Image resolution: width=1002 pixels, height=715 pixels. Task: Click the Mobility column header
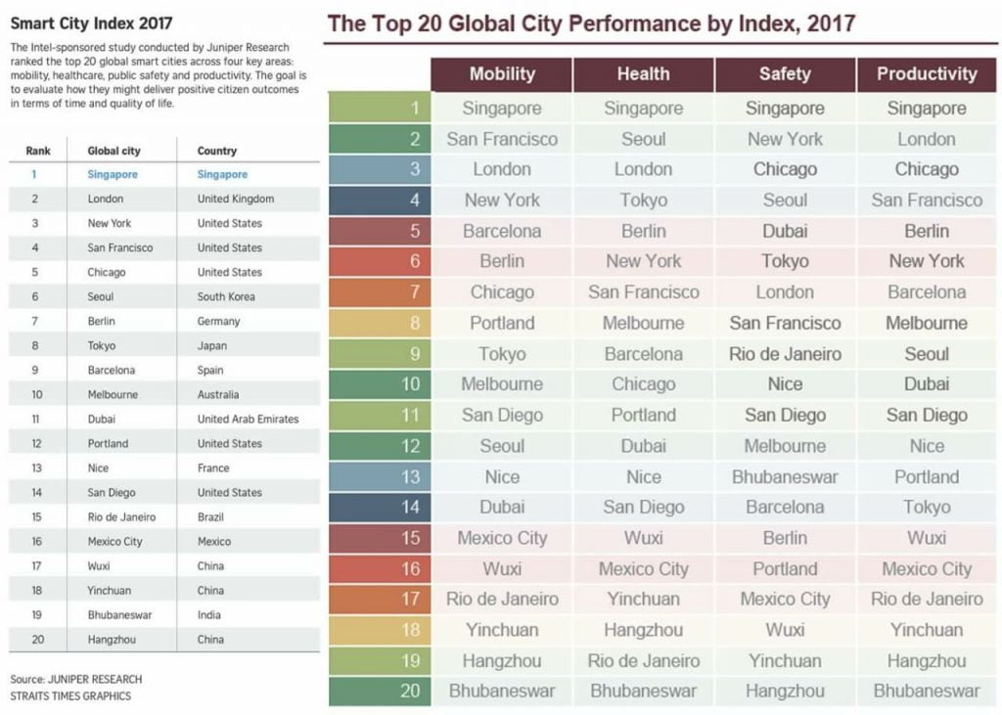tap(502, 74)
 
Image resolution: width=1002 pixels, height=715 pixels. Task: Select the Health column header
tap(643, 74)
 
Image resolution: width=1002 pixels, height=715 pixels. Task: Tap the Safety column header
tap(785, 74)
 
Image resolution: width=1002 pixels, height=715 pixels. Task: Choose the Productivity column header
tap(927, 74)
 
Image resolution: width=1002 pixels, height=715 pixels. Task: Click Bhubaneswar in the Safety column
tap(785, 477)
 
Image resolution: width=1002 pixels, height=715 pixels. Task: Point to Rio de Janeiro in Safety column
tap(785, 354)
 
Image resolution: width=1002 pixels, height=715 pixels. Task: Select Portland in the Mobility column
tap(502, 324)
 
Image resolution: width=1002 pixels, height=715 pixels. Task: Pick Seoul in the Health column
tap(643, 139)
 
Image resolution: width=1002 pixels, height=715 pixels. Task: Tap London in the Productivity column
tap(927, 139)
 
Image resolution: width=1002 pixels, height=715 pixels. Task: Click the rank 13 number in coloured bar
tap(410, 477)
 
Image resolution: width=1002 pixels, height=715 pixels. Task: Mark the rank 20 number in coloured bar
tap(410, 692)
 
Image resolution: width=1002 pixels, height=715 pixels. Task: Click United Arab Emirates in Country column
tap(248, 420)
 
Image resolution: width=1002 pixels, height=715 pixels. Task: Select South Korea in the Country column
tap(226, 297)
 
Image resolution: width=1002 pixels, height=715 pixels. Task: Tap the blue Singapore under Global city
tap(113, 175)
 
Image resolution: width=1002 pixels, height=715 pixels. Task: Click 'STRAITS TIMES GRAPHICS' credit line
tap(70, 696)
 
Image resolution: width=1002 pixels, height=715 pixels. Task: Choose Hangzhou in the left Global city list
tap(112, 640)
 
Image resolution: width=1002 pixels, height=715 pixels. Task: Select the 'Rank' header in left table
tap(37, 152)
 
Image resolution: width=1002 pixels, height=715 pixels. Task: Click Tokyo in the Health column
tap(643, 201)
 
